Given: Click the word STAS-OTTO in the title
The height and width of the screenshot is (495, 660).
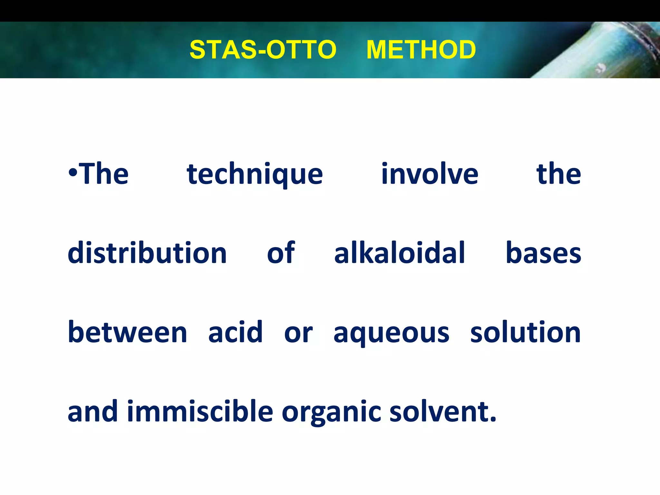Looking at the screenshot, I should tap(263, 50).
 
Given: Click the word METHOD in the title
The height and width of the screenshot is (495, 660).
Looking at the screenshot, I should tap(421, 50).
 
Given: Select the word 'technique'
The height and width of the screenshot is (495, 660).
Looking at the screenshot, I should tap(255, 174).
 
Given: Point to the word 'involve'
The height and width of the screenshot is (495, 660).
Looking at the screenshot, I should tap(430, 174).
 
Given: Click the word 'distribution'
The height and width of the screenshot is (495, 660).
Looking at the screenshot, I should tap(147, 253).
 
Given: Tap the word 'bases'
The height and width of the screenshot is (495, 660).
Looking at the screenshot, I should tap(543, 253).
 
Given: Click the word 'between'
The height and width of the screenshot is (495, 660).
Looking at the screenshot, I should tap(127, 332).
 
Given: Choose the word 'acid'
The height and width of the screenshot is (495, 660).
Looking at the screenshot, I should tap(235, 332).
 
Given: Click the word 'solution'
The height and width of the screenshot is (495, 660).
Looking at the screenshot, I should tap(525, 332).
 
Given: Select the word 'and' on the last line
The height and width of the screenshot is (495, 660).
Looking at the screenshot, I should tap(92, 412).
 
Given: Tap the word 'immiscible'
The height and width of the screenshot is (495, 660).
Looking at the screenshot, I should tap(200, 412).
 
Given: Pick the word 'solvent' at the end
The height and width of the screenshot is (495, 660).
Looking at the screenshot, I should tap(440, 412).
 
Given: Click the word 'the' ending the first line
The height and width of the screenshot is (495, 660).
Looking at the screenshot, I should tap(558, 174).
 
